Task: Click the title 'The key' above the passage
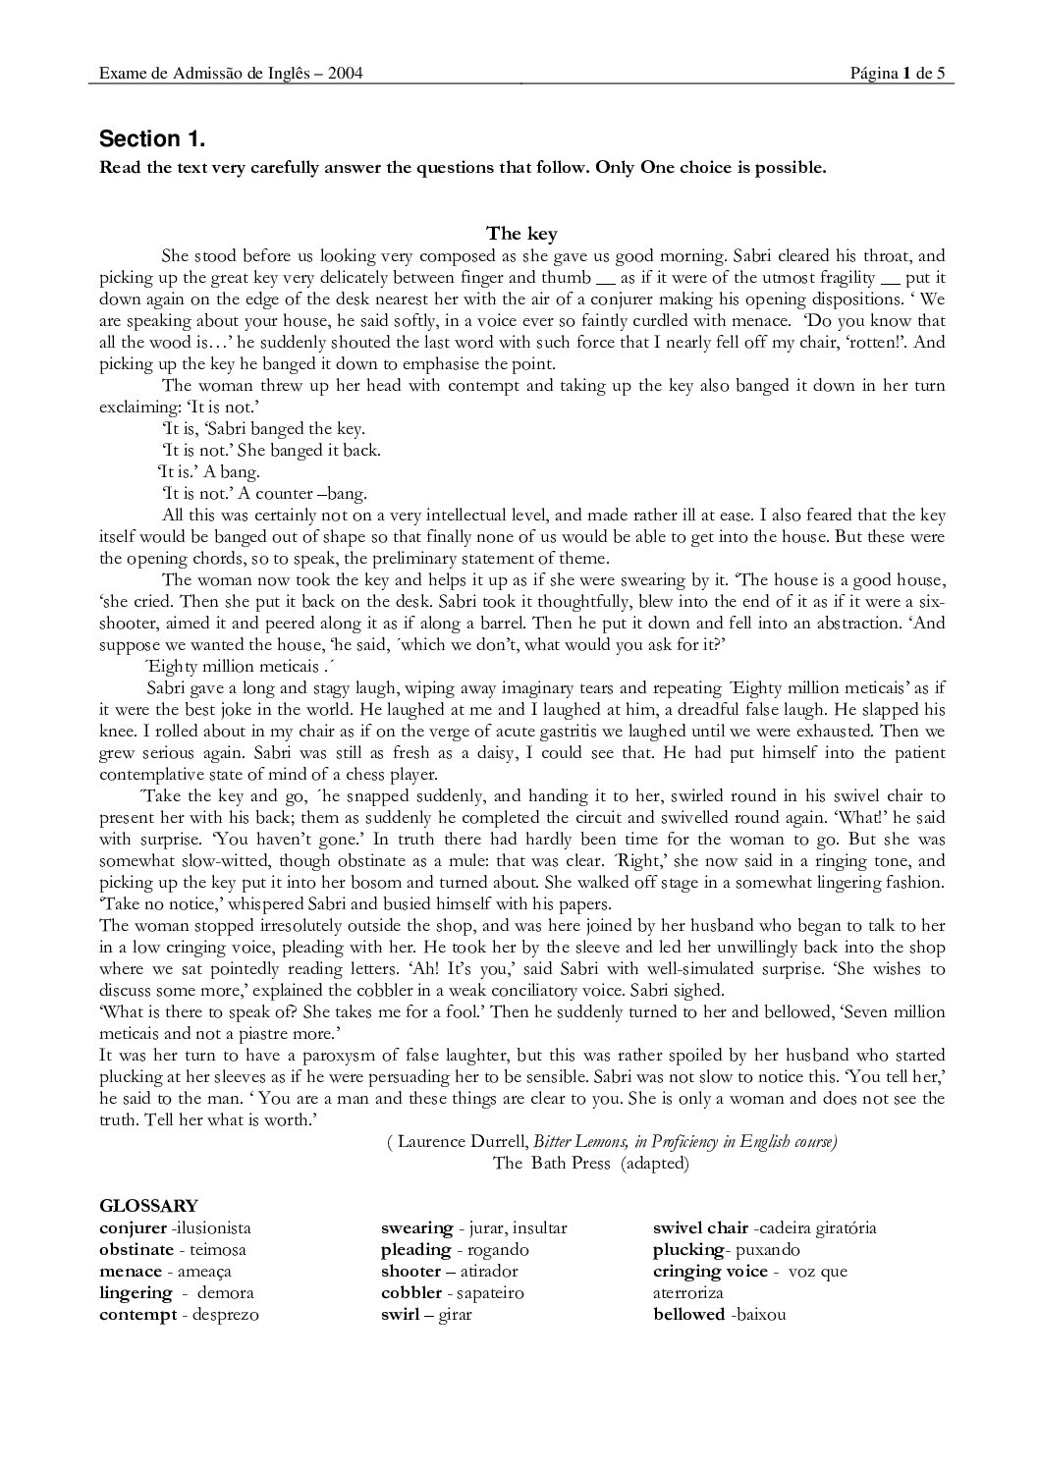[x=521, y=233]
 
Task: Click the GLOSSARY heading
[x=148, y=1206]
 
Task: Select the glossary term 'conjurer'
[x=133, y=1228]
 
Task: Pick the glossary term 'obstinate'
[x=136, y=1250]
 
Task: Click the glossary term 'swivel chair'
[x=701, y=1228]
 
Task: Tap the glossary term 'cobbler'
[x=410, y=1293]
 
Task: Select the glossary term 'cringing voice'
[x=710, y=1272]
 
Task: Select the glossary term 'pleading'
[x=415, y=1250]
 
